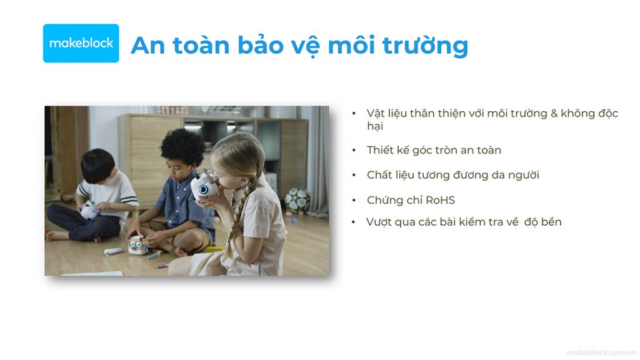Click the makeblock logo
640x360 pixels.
click(81, 43)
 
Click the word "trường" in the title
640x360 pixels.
click(425, 46)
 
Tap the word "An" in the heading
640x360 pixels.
click(147, 45)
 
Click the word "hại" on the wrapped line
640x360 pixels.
click(375, 126)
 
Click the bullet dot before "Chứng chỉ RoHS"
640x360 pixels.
click(354, 201)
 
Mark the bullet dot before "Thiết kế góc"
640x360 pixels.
click(354, 151)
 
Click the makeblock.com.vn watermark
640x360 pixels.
click(601, 352)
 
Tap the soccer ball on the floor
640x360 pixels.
click(297, 199)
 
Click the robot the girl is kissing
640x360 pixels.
click(204, 186)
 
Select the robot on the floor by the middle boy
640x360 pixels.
click(139, 245)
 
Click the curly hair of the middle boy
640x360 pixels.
click(182, 146)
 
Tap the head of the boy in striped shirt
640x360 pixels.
click(98, 166)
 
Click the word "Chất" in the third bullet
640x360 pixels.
click(379, 175)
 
